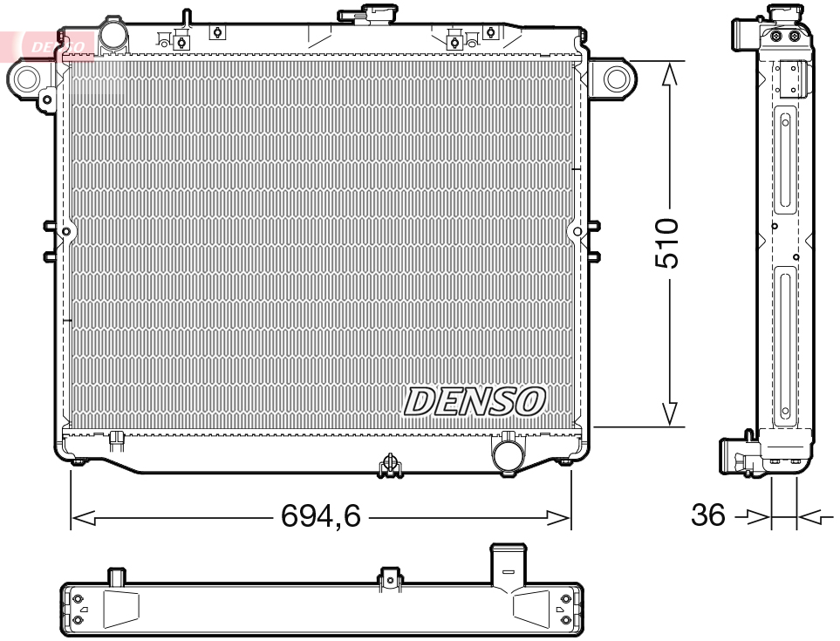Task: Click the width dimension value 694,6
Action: pos(320,517)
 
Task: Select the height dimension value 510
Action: pos(667,243)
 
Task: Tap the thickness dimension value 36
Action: pos(707,515)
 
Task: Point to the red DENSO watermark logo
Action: pos(58,44)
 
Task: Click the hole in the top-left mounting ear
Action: pos(24,80)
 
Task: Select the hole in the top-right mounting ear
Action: pos(616,79)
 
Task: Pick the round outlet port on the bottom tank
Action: pos(507,453)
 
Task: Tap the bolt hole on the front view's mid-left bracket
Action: pos(66,231)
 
